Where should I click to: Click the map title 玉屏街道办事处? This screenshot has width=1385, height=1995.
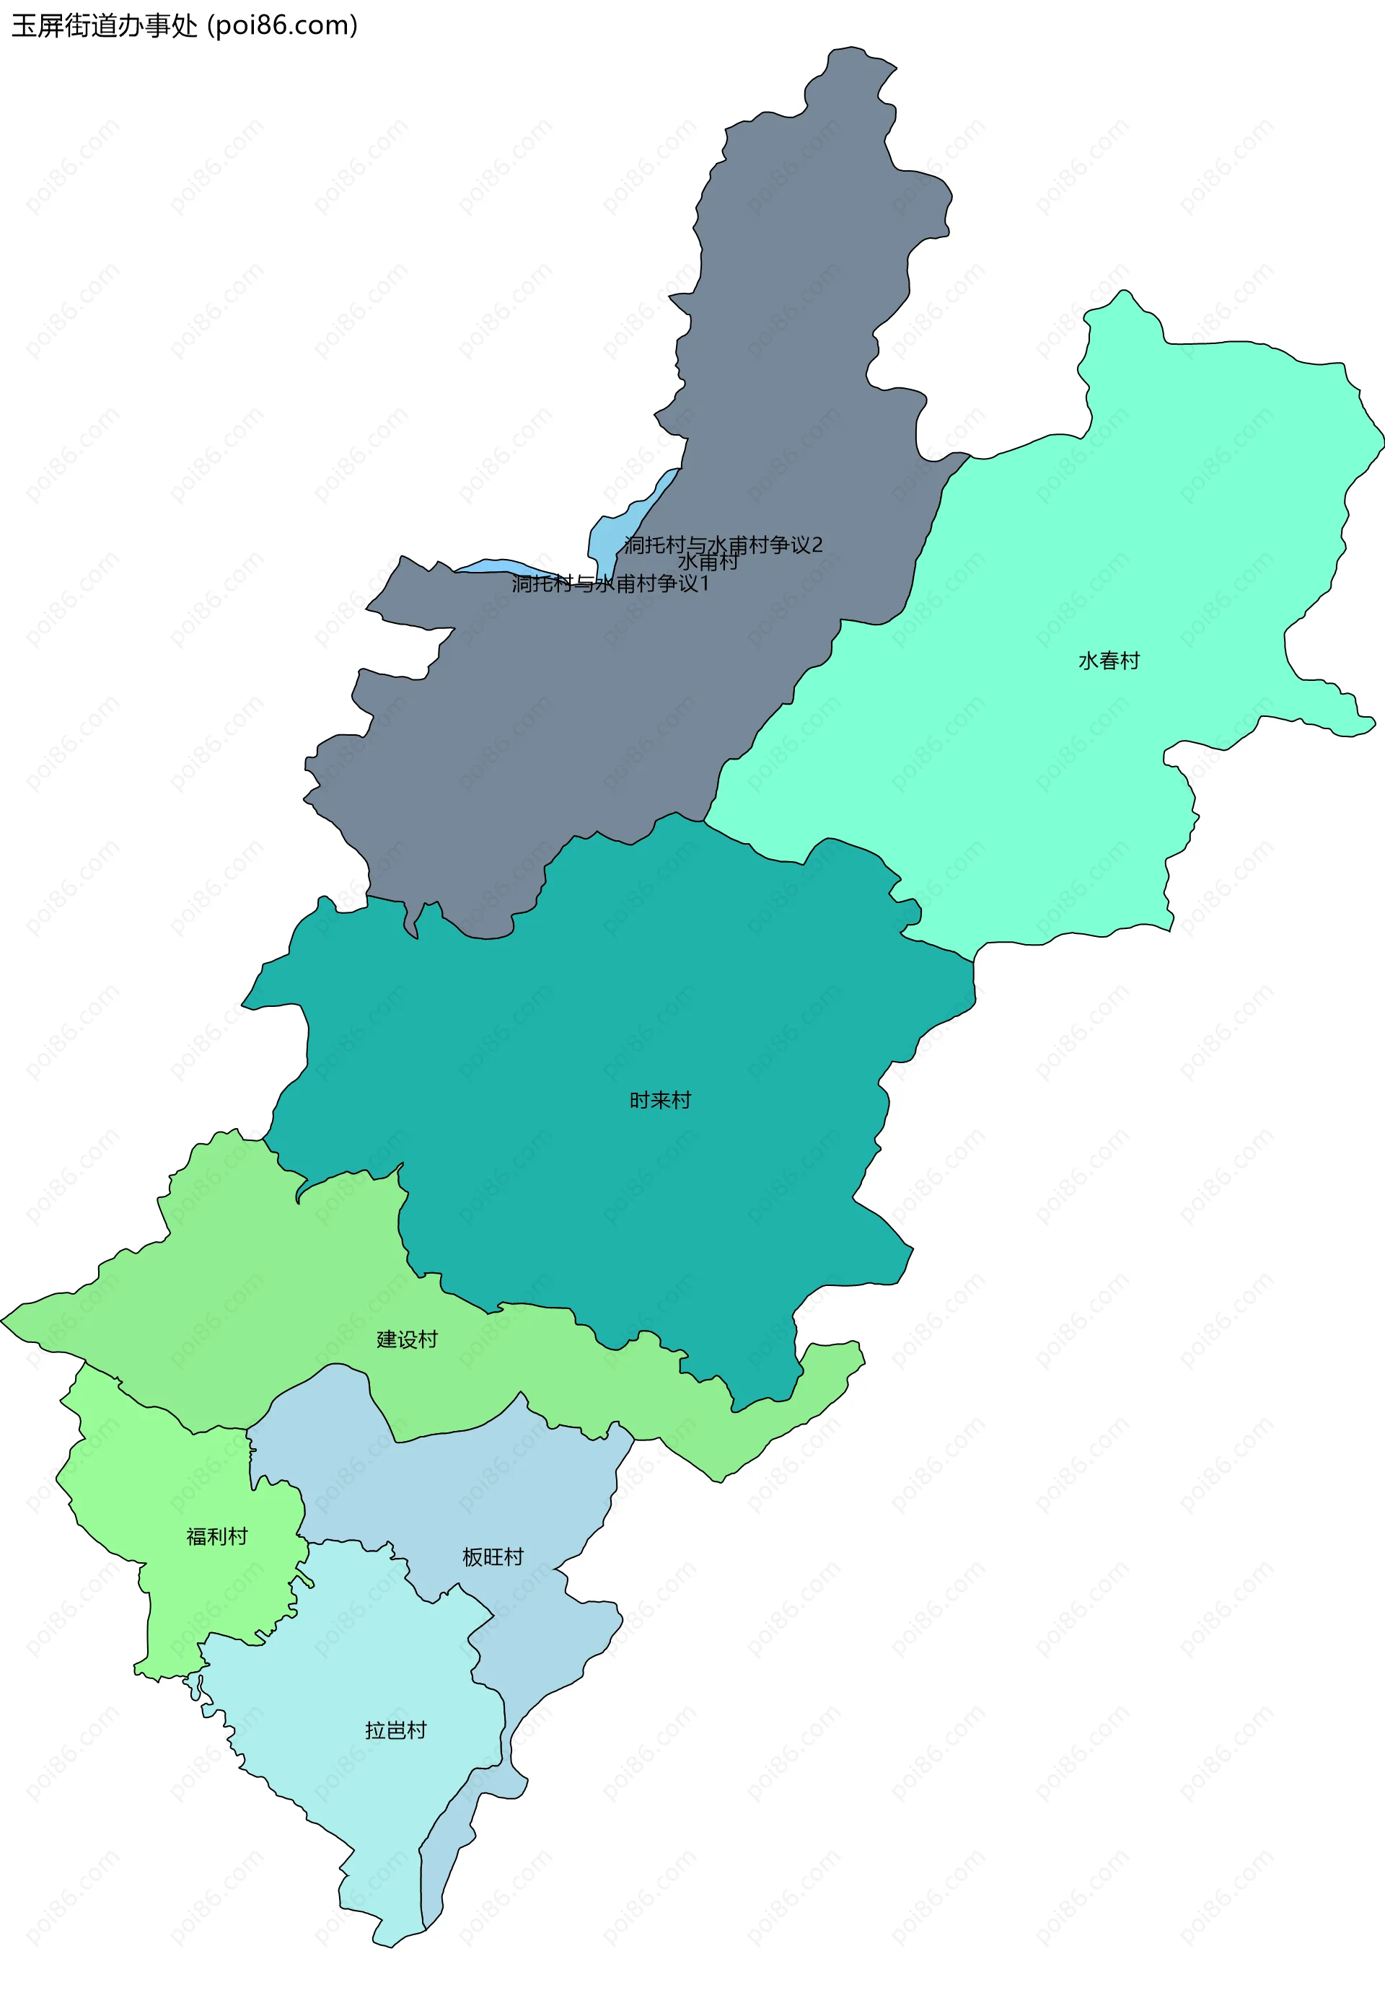pos(104,26)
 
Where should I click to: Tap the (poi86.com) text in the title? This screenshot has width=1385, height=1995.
pos(282,26)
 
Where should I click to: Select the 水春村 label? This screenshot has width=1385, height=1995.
pos(1108,661)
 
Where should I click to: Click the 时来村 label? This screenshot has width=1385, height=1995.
pos(659,1101)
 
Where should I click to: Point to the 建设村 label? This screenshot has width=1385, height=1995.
pos(407,1339)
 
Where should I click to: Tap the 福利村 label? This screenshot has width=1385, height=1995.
pos(217,1536)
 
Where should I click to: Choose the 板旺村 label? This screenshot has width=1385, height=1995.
pos(493,1556)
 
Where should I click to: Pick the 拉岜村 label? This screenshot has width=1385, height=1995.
pos(396,1730)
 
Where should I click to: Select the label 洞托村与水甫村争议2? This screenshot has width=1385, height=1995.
pos(723,544)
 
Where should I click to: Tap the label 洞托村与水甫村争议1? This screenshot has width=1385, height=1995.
pos(610,584)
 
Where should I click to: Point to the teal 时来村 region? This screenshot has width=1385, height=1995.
pos(607,998)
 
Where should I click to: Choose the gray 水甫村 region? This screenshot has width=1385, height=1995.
pos(781,304)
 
